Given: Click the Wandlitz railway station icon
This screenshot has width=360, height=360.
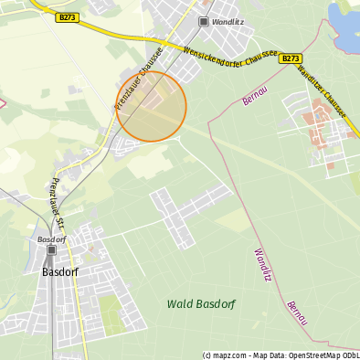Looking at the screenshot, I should coord(203,21).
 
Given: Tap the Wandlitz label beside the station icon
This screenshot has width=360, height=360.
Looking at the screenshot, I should coord(225,21).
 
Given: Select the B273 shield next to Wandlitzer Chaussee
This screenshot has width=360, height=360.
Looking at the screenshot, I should coord(291,58).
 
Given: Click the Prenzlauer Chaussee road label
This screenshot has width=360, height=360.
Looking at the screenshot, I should coord(138,79).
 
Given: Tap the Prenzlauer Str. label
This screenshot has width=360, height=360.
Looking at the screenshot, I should coord(58,203).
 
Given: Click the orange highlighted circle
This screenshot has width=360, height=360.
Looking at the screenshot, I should coord(152,106).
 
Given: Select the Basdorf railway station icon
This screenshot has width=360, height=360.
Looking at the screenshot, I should coord(51,249).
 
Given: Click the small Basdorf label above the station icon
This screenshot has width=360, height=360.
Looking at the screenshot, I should coord(51,239).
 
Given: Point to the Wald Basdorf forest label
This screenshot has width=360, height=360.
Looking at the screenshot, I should coord(200,303).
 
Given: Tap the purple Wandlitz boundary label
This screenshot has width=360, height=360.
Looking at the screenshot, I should coord(263,264).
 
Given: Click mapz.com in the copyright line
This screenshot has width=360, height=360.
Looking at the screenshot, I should coord(230,355).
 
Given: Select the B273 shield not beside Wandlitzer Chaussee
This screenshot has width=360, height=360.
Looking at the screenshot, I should coord(67,17).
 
